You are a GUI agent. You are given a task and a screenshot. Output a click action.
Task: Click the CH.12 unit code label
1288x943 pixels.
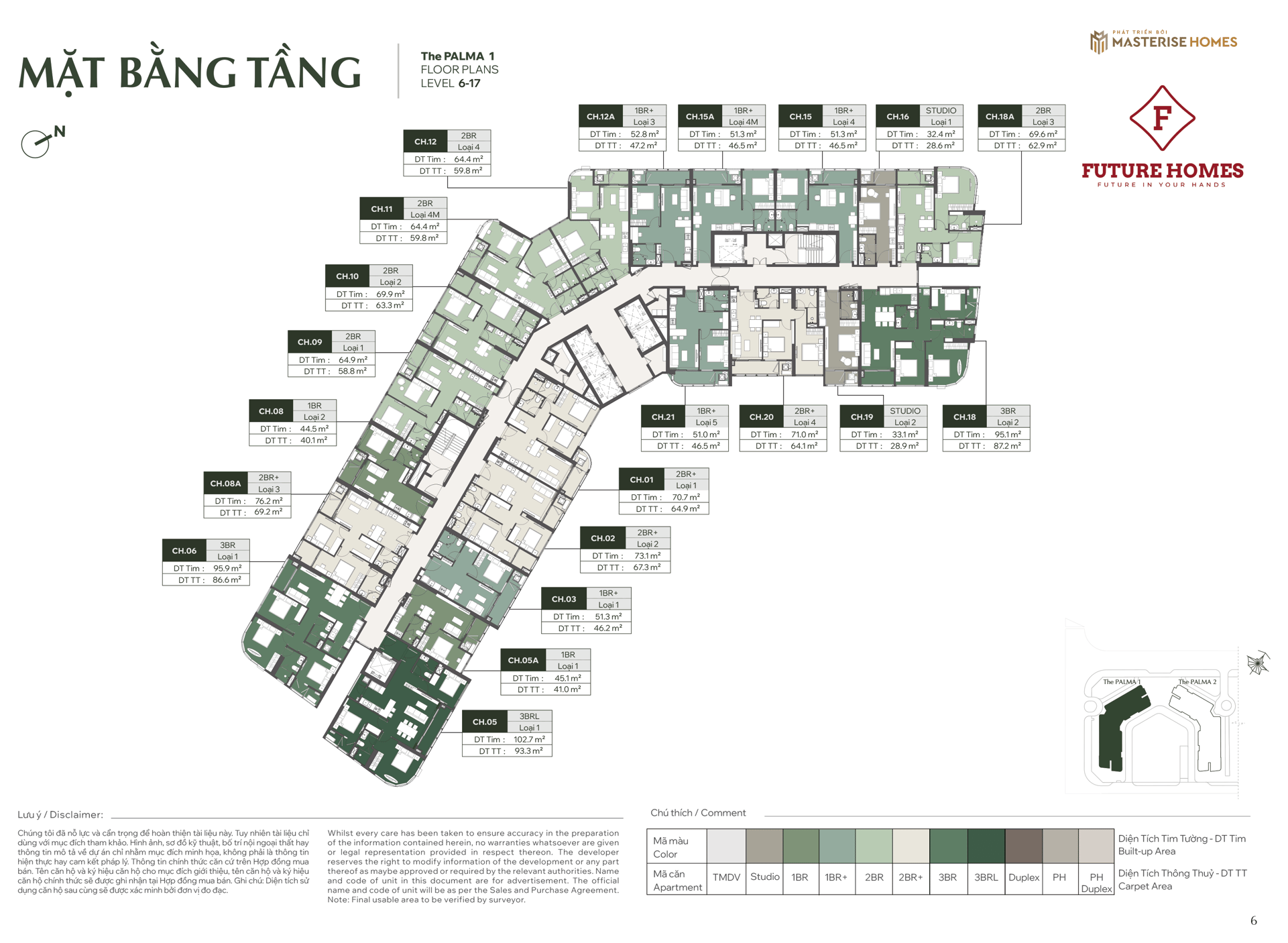(x=425, y=142)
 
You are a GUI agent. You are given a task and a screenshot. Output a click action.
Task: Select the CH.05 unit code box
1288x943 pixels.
(x=485, y=722)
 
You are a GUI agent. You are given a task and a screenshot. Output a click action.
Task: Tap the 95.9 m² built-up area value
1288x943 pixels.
(x=227, y=568)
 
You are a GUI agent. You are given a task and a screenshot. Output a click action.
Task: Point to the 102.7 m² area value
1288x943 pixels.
(x=529, y=739)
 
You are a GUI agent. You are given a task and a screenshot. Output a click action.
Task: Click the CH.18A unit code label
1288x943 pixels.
(x=1000, y=116)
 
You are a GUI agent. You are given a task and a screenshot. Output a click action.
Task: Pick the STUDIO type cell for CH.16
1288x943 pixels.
(x=941, y=111)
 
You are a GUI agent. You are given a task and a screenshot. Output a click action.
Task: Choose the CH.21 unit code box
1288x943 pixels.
(x=663, y=417)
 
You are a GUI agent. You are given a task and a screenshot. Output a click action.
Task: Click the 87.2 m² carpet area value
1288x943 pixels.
(x=1007, y=445)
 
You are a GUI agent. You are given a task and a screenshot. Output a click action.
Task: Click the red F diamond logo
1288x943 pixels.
(x=1162, y=118)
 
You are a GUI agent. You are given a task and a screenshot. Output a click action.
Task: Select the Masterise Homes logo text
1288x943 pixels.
(x=1174, y=42)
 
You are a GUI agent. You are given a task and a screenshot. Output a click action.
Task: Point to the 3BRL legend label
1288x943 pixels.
(x=986, y=877)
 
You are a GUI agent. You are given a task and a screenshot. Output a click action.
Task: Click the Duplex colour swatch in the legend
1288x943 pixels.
(x=1023, y=846)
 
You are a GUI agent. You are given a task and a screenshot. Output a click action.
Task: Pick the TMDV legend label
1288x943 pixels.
(x=726, y=877)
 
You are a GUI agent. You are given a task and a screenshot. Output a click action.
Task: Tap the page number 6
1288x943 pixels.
(x=1253, y=920)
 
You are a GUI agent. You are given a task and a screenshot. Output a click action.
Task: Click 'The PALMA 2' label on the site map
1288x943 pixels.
(x=1197, y=681)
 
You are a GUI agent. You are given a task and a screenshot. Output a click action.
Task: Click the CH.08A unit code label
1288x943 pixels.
(x=225, y=483)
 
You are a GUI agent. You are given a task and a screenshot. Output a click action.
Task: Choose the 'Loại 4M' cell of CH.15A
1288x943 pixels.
(x=743, y=122)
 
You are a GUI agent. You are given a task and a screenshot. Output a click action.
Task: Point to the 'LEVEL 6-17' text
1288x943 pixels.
(x=451, y=83)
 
